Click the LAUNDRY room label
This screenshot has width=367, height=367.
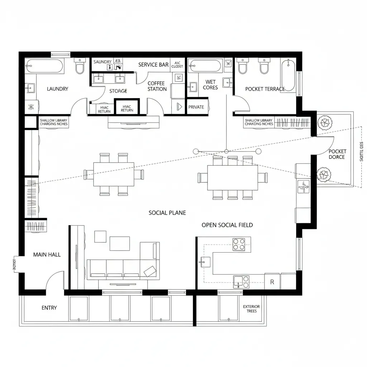pyautogui.click(x=57, y=89)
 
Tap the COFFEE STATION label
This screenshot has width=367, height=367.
pyautogui.click(x=157, y=86)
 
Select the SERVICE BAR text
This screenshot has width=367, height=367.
pyautogui.click(x=153, y=65)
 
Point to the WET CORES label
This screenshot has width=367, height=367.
pyautogui.click(x=210, y=85)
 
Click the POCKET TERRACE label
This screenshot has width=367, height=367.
pyautogui.click(x=265, y=89)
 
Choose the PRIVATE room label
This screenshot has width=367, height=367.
pyautogui.click(x=196, y=107)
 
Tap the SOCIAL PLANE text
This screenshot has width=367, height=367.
pyautogui.click(x=167, y=213)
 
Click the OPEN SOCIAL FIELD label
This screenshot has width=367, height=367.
pyautogui.click(x=227, y=225)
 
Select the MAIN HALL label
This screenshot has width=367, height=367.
pyautogui.click(x=47, y=254)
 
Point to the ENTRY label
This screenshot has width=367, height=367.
pyautogui.click(x=49, y=308)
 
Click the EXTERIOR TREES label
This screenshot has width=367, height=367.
pyautogui.click(x=251, y=309)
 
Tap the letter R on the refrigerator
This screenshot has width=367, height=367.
pyautogui.click(x=272, y=282)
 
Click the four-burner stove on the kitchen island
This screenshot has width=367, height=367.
pyautogui.click(x=239, y=244)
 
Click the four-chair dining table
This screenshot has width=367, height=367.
pyautogui.click(x=114, y=174)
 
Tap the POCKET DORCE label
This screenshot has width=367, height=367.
pyautogui.click(x=337, y=154)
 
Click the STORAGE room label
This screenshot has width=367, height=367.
pyautogui.click(x=118, y=91)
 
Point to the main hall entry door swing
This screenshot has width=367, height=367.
pyautogui.click(x=54, y=280)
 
